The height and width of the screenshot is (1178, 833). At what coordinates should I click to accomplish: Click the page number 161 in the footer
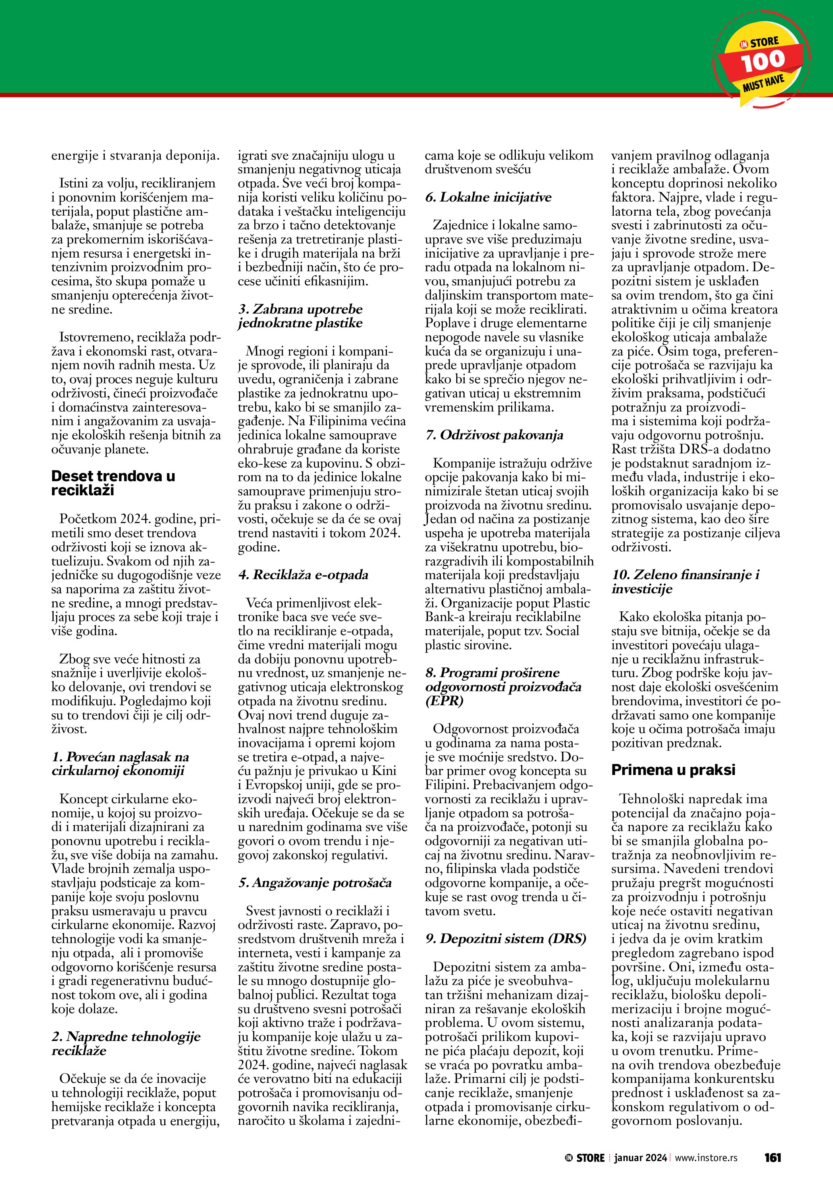click(x=773, y=1157)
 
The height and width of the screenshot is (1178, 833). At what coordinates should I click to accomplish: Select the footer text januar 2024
click(x=641, y=1157)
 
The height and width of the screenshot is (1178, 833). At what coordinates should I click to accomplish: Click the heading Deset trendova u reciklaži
click(x=113, y=483)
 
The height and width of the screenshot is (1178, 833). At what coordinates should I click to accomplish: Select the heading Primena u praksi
click(x=673, y=770)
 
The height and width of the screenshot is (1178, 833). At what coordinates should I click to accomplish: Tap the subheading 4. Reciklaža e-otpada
click(x=303, y=575)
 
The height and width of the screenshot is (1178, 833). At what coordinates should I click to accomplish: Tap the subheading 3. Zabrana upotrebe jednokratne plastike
click(x=300, y=316)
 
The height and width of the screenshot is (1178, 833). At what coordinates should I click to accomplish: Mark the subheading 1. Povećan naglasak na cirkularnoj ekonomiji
click(x=120, y=763)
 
